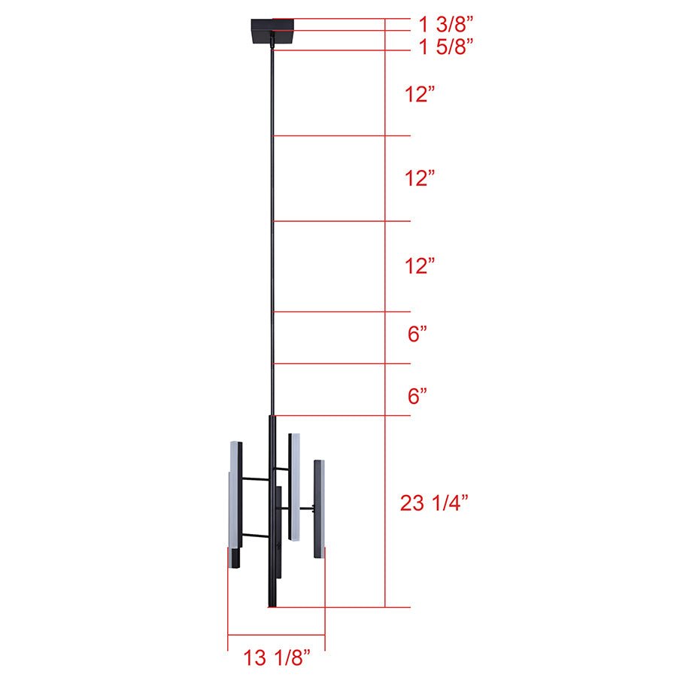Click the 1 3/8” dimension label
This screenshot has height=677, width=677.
[446, 24]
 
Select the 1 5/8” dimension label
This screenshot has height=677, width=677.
[446, 47]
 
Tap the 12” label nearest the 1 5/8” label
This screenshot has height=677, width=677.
[419, 94]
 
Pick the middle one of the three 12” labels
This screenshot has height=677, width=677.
[419, 178]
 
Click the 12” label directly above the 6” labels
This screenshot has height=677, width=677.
[419, 266]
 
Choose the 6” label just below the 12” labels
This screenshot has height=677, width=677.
[417, 334]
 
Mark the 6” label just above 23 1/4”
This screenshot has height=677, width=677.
[417, 396]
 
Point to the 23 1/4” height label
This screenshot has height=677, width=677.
[434, 503]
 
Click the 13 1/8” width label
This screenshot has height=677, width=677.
[277, 657]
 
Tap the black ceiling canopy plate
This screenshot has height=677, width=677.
[272, 30]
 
